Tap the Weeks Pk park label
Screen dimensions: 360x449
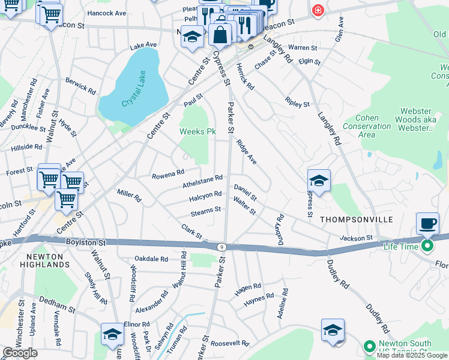coord(197,131)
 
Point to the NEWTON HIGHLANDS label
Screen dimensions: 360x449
coord(45,260)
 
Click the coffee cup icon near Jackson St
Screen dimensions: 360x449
coord(428,224)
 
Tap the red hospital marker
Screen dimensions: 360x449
coord(318,11)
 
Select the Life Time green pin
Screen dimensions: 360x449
coord(427,246)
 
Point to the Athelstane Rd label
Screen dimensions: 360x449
coord(203,178)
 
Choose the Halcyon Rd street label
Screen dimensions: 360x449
coord(205,194)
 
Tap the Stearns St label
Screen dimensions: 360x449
coord(205,210)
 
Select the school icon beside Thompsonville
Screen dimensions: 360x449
coord(319,181)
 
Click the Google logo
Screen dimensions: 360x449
coord(20,353)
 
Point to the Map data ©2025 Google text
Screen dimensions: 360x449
coord(411,355)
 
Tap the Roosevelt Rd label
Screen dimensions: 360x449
coord(230,343)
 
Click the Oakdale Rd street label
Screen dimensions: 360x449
coord(151,259)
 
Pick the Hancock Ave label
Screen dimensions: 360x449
coord(106,13)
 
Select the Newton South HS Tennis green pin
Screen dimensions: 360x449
coord(370,346)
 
